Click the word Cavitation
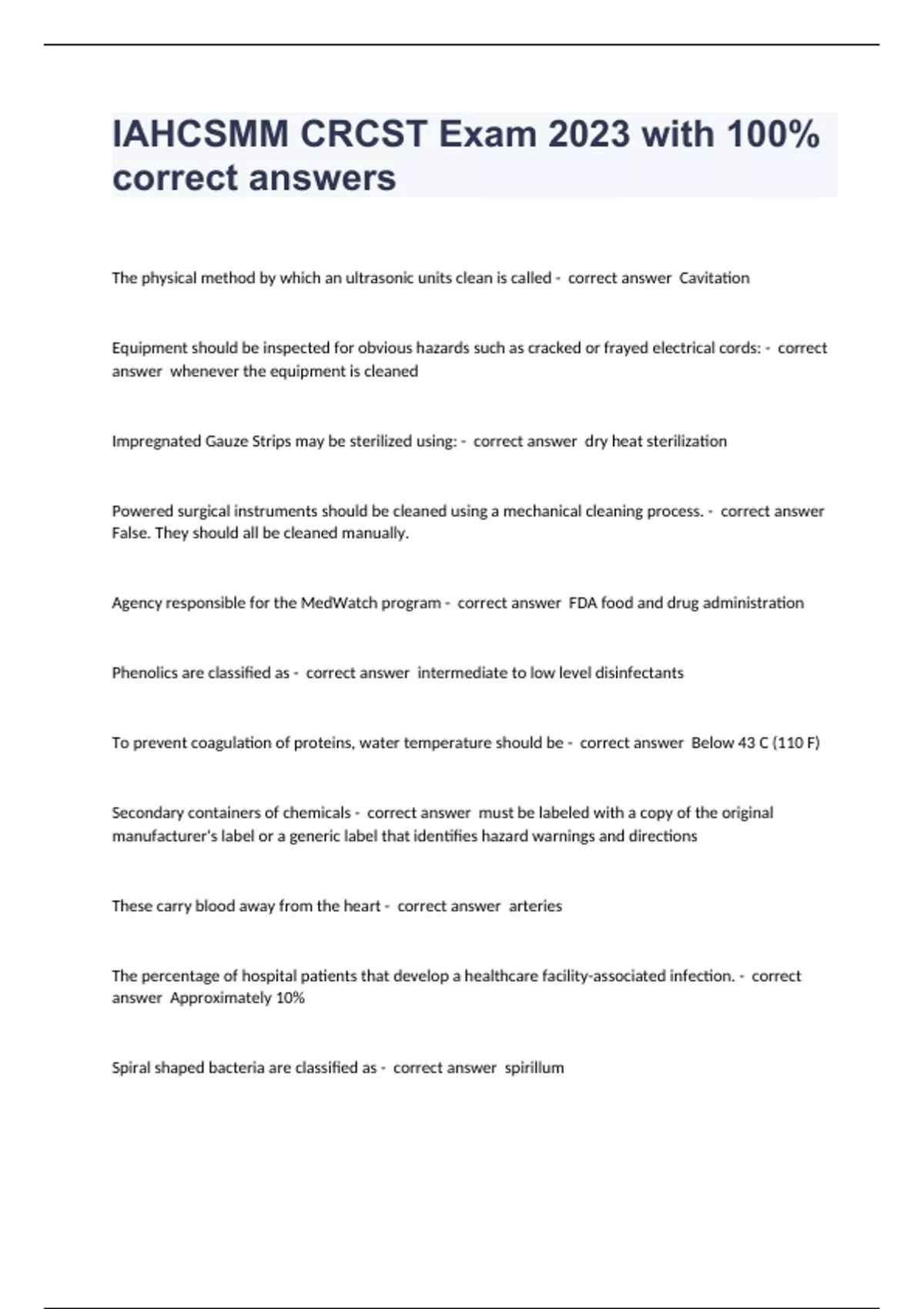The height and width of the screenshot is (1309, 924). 714,278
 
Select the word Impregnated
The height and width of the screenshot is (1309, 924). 156,441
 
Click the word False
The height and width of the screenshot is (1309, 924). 130,533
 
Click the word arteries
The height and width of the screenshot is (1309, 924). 535,906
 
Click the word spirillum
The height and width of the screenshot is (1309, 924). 534,1068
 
